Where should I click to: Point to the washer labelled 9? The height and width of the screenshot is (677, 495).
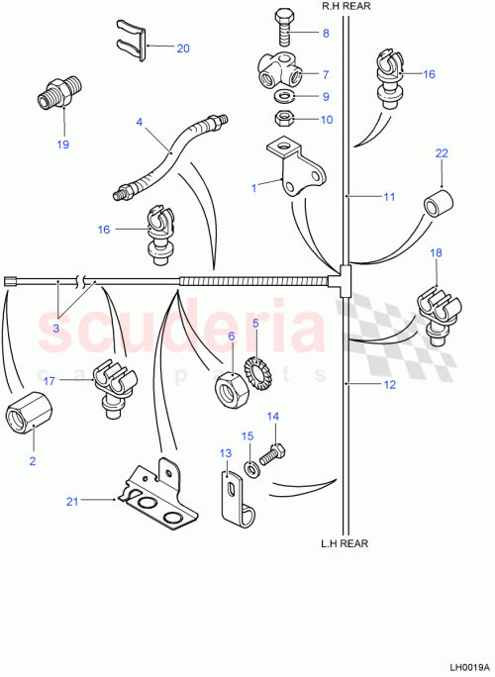point(283,97)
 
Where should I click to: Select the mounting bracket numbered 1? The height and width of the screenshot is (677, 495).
point(296,171)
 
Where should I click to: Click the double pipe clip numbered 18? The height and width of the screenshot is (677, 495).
point(436,302)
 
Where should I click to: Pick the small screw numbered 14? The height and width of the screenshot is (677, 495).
point(278,451)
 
